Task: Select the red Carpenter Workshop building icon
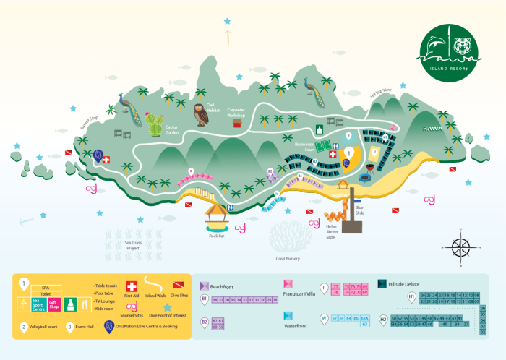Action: (236, 124)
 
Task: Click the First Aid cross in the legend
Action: (132, 287)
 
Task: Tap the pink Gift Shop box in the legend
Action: (53, 304)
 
